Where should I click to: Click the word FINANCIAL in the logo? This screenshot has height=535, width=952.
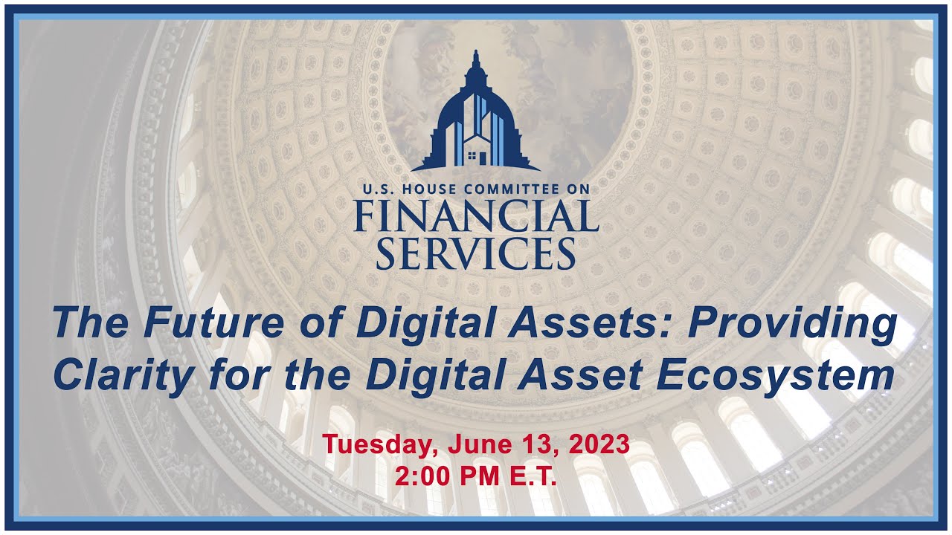(476, 216)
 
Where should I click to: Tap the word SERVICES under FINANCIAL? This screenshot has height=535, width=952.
(476, 253)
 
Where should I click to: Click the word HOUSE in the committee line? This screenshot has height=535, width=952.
(428, 189)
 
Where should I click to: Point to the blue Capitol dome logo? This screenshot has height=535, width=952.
(476, 119)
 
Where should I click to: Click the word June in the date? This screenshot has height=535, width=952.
(473, 445)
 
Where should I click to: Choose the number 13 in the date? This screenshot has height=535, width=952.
(529, 445)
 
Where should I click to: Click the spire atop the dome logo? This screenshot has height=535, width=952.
(476, 58)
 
